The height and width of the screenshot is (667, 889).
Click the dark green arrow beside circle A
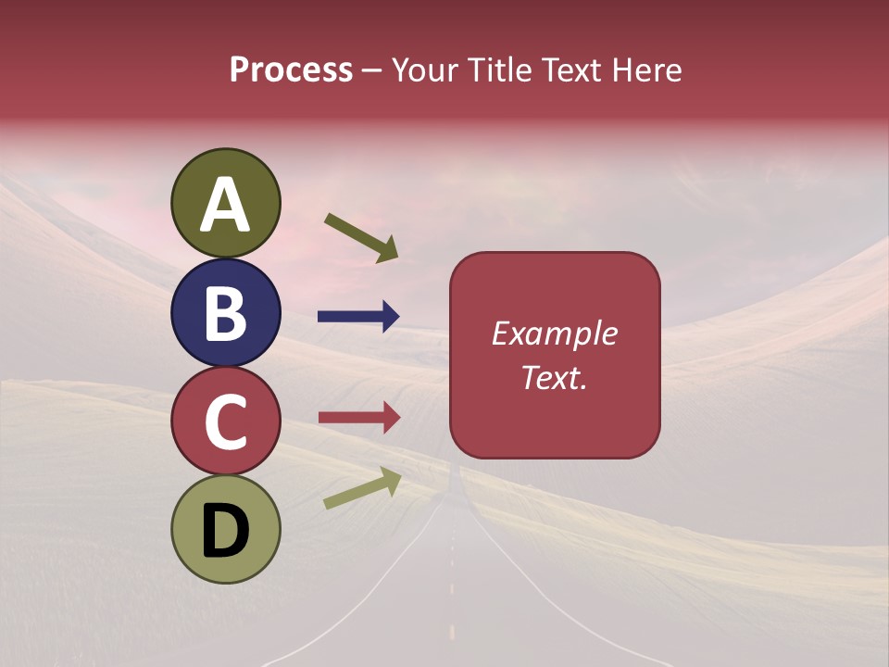(361, 235)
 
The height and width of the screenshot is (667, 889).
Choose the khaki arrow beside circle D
(362, 488)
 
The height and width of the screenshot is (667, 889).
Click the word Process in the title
(291, 70)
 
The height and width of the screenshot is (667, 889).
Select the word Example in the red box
(554, 333)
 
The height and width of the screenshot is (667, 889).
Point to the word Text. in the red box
(554, 377)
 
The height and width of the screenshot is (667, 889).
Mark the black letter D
(225, 531)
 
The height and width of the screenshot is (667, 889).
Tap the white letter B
(225, 313)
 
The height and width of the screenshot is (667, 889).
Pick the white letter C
(225, 422)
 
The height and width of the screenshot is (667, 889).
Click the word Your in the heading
(424, 70)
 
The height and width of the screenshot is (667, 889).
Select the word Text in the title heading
(570, 70)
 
